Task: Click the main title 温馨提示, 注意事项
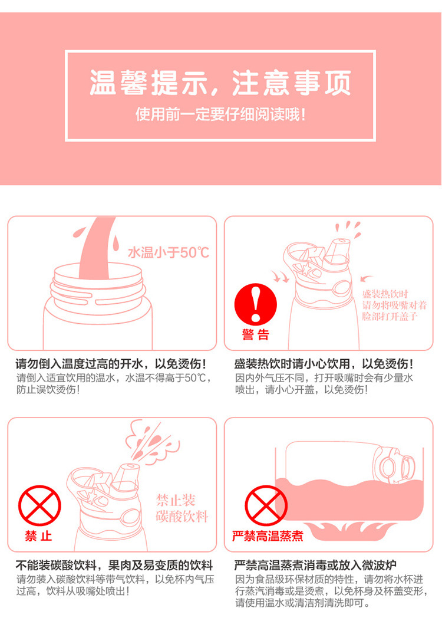click(220, 83)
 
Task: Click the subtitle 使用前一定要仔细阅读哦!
click(220, 113)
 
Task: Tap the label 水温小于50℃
click(169, 253)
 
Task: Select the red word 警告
click(255, 335)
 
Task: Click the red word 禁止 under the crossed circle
click(39, 536)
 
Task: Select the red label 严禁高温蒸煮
click(268, 536)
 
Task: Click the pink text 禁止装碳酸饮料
click(182, 509)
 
